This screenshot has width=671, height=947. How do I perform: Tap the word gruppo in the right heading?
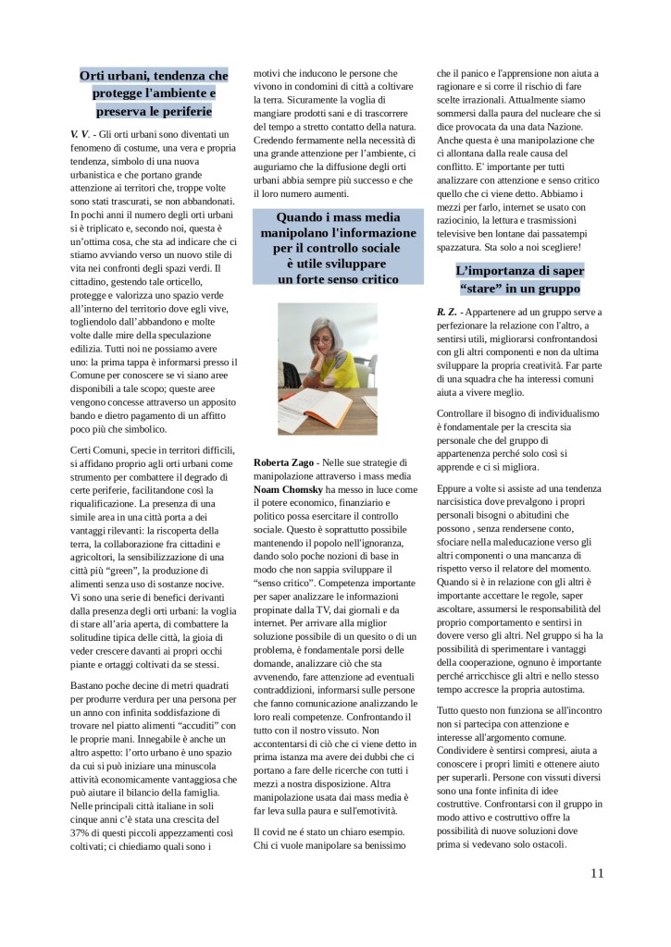[553, 288]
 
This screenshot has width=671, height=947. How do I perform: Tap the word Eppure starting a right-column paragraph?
[455, 486]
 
